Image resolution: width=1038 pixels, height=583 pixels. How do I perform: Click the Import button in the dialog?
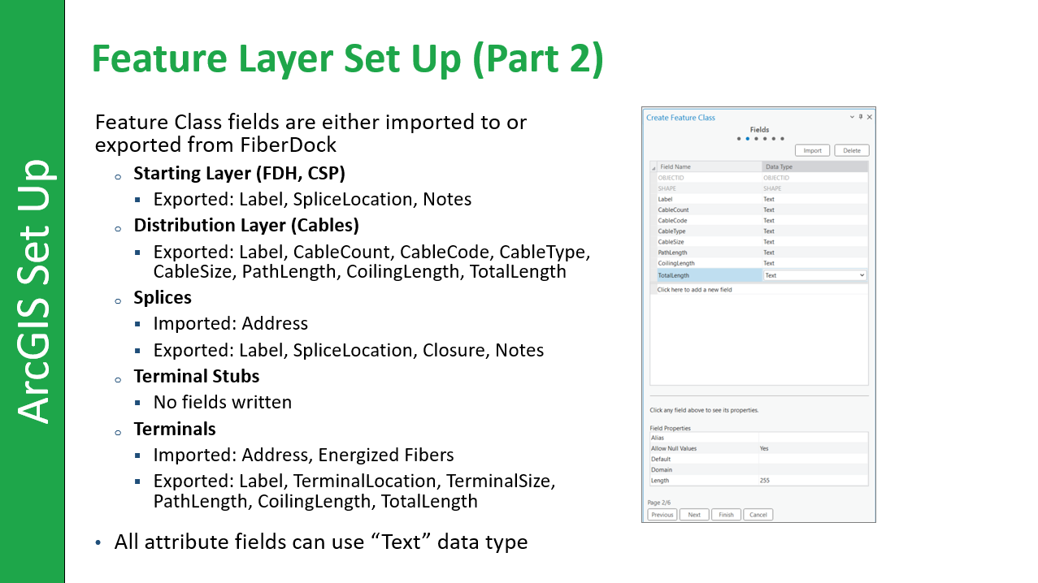point(812,150)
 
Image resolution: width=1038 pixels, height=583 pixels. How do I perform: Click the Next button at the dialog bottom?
point(693,515)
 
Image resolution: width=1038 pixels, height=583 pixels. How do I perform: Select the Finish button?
point(726,515)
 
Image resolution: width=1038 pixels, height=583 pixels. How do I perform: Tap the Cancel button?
point(758,515)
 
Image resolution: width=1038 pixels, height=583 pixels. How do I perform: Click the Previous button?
point(662,515)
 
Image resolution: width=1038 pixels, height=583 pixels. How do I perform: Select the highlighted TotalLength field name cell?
point(709,275)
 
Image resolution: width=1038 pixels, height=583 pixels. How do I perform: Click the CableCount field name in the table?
point(673,209)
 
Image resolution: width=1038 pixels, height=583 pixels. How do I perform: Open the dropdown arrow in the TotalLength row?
point(862,275)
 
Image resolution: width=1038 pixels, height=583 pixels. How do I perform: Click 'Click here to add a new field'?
point(694,289)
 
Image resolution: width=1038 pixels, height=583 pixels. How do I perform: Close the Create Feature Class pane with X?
point(869,117)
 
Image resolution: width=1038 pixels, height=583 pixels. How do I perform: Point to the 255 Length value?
point(765,480)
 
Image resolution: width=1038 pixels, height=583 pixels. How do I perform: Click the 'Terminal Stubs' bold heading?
point(197,376)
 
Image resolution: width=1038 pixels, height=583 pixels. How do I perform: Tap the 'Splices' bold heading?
point(163,298)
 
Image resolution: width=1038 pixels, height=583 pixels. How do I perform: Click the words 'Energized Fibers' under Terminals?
point(385,455)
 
